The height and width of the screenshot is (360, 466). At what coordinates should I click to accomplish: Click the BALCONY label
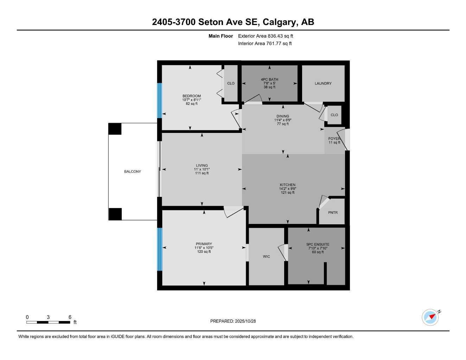tap(132, 172)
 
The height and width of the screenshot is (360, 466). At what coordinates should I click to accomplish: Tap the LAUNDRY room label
tap(323, 83)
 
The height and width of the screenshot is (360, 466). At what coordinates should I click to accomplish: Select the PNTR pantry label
tap(333, 212)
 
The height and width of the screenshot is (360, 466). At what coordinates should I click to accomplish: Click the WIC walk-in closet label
tap(266, 256)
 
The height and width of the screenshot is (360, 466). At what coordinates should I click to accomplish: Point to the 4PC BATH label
tap(269, 79)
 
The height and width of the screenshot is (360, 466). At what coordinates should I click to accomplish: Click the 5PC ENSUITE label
tap(318, 244)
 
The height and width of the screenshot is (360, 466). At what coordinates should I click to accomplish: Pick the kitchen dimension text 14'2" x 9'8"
tap(287, 189)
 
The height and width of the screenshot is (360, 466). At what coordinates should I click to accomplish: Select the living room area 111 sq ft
tap(202, 173)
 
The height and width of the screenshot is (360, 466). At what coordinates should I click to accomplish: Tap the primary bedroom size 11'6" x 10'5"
tap(204, 248)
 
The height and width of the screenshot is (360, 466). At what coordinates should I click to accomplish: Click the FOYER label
tap(334, 139)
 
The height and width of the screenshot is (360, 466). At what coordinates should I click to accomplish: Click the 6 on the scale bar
tap(70, 317)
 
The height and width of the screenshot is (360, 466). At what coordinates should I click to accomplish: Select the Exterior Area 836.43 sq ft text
tap(266, 36)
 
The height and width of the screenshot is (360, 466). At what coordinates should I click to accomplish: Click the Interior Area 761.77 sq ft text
tap(265, 44)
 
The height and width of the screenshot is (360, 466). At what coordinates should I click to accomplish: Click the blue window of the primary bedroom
tap(160, 249)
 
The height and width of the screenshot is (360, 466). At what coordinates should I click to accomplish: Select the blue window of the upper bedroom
tap(160, 100)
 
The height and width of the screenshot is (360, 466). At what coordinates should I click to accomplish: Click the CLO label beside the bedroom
tap(231, 83)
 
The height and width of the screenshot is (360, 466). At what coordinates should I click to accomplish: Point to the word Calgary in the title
tap(280, 22)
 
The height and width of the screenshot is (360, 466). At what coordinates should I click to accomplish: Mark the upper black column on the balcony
tap(115, 129)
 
